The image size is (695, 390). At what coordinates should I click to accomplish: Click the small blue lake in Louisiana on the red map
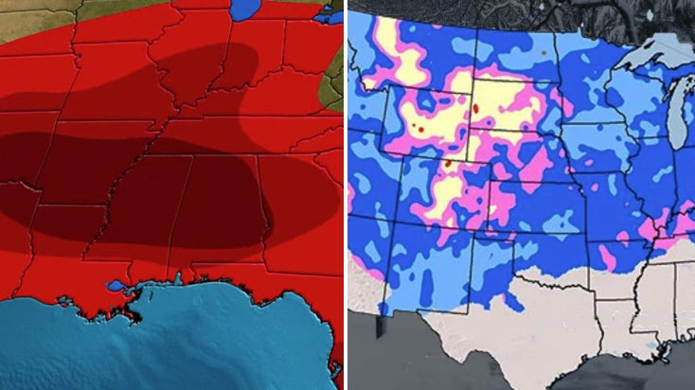coord(116,285)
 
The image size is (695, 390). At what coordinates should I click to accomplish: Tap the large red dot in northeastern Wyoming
coord(474,108)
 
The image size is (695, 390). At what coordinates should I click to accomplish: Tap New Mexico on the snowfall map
coord(426,265)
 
